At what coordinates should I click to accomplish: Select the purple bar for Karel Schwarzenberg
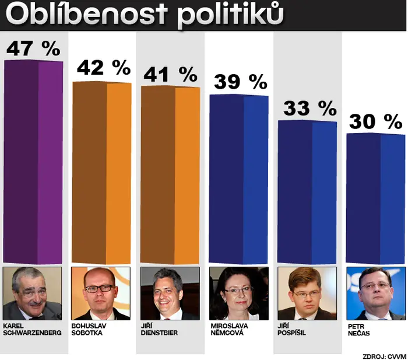click(x=33, y=162)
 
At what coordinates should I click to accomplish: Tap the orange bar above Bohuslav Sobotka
click(x=101, y=173)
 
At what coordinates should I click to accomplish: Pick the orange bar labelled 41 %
click(x=170, y=175)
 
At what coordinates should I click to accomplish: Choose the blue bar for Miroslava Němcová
click(x=238, y=179)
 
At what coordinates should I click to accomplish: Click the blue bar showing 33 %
click(x=307, y=192)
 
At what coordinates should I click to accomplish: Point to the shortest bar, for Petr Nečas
click(x=376, y=198)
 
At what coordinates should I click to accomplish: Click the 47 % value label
click(x=33, y=48)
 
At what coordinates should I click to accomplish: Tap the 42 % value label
click(x=104, y=68)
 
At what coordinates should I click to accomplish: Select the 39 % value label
click(x=241, y=82)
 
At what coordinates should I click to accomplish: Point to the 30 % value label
click(x=376, y=121)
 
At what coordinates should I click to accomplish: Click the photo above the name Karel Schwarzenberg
click(x=33, y=293)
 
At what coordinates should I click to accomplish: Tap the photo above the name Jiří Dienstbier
click(x=170, y=293)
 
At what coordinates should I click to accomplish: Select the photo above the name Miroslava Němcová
click(x=239, y=293)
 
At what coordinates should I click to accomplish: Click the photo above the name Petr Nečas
click(x=376, y=293)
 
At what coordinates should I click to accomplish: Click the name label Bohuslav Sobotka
click(x=89, y=329)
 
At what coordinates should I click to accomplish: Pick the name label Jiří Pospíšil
click(x=291, y=329)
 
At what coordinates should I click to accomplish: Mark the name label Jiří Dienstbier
click(x=159, y=329)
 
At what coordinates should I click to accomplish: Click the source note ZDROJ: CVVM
click(x=384, y=356)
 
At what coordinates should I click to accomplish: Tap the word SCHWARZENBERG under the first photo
click(x=33, y=333)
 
